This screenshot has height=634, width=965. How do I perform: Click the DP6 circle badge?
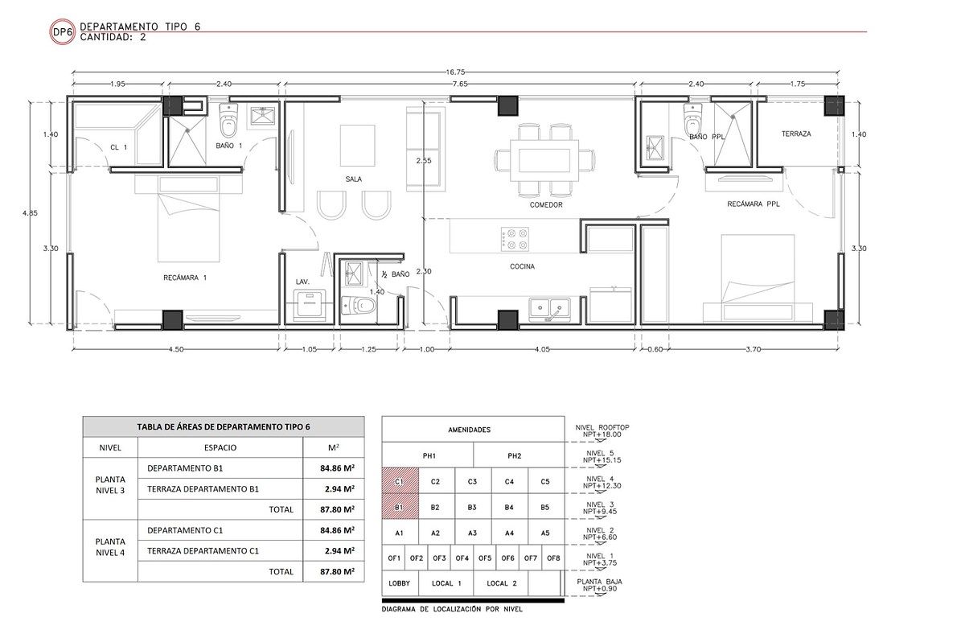(x=63, y=32)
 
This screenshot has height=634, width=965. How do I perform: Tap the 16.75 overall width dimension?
(x=455, y=72)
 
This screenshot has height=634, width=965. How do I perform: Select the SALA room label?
(x=353, y=179)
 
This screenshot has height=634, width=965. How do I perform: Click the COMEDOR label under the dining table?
(x=546, y=204)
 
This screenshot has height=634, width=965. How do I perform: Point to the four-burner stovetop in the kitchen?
(x=515, y=239)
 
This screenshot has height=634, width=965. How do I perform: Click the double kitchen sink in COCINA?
(x=550, y=310)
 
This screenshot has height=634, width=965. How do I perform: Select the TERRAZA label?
(x=796, y=134)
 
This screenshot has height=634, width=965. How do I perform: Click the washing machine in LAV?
(x=310, y=305)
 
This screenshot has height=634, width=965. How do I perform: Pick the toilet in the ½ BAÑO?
(x=359, y=306)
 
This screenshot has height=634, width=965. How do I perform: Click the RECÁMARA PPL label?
(x=753, y=204)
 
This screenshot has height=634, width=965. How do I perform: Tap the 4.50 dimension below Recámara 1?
(x=176, y=349)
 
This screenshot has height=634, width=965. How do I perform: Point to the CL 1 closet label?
(x=118, y=147)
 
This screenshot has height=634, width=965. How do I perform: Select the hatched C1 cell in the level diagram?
(x=400, y=481)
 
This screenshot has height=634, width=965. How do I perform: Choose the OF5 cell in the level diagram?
(x=485, y=558)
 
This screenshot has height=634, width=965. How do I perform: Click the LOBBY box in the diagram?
(x=400, y=583)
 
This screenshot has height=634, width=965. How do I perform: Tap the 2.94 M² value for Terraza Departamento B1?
(x=339, y=488)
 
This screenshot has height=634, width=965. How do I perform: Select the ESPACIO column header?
(x=220, y=447)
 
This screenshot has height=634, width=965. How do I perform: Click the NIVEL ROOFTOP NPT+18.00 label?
(x=602, y=431)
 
